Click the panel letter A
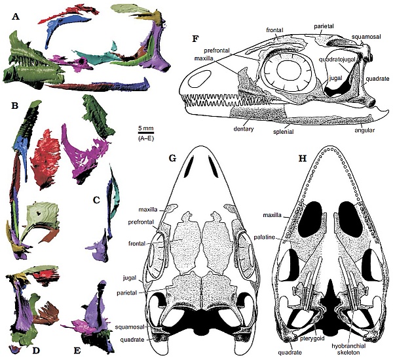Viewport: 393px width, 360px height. point(16,17)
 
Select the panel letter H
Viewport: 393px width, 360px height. point(303,159)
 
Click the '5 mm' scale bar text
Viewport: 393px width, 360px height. point(146,129)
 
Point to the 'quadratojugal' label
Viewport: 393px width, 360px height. point(333,59)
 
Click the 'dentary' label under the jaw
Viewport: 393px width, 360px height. point(244,129)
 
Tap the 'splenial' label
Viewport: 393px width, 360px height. point(283,131)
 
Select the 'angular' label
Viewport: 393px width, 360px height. point(365,130)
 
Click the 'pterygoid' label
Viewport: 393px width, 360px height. point(312,338)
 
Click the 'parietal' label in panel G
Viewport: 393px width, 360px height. point(126,292)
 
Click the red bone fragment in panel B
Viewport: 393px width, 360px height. point(45,159)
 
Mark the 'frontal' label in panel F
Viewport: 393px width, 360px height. point(274,30)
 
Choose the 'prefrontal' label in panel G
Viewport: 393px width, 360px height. point(140,222)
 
